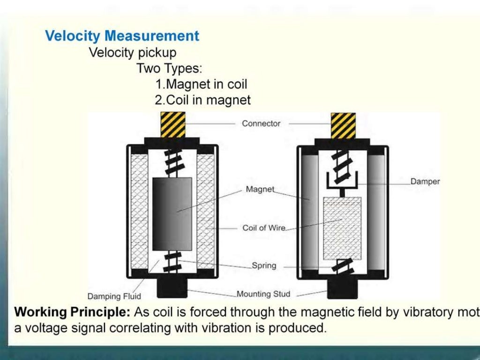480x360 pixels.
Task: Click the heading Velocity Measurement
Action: click(x=122, y=36)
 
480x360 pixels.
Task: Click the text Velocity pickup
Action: click(x=133, y=52)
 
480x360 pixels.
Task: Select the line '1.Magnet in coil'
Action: click(x=201, y=84)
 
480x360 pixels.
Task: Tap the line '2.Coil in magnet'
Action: click(x=202, y=100)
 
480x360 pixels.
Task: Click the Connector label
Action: click(x=261, y=124)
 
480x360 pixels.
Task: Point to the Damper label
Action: click(x=425, y=181)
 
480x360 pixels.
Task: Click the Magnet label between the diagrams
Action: click(x=260, y=189)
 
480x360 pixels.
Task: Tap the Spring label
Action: click(x=264, y=266)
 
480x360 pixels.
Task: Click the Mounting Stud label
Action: click(x=263, y=294)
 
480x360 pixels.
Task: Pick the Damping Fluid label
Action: click(x=114, y=296)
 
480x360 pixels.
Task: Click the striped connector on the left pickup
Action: click(x=172, y=125)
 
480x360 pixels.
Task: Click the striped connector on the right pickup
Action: click(x=343, y=126)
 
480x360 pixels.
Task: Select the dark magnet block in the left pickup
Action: click(x=172, y=213)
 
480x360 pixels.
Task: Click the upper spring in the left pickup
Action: click(x=172, y=161)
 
